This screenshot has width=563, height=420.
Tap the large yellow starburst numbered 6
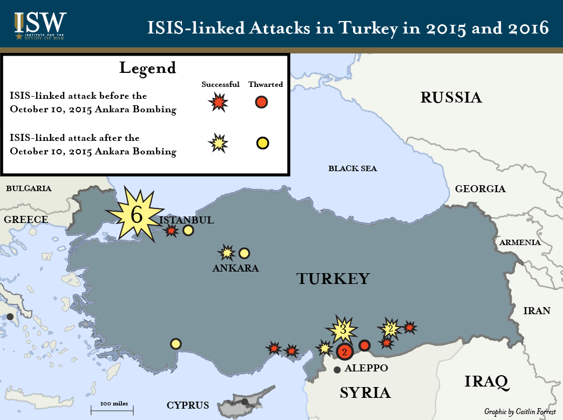coord(135,214)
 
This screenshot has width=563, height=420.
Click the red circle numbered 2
coord(344,352)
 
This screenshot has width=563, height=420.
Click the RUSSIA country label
coord(451,98)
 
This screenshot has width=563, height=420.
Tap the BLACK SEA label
coord(352,168)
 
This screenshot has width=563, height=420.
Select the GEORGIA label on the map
coord(480,189)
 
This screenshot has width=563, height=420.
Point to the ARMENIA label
coord(520,242)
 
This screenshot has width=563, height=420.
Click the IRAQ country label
coord(486,382)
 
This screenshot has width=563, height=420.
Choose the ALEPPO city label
coord(367,368)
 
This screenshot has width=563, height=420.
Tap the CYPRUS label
coord(187,405)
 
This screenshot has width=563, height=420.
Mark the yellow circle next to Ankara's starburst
coord(244,253)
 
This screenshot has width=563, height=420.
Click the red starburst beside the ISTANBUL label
coord(172,231)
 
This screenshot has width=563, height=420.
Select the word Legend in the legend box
coord(147,68)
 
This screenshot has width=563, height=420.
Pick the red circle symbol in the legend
coord(262,102)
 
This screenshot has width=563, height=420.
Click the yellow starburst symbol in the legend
coord(218,143)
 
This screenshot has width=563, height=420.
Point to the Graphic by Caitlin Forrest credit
coord(519,411)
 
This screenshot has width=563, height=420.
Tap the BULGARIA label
coord(29,188)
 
